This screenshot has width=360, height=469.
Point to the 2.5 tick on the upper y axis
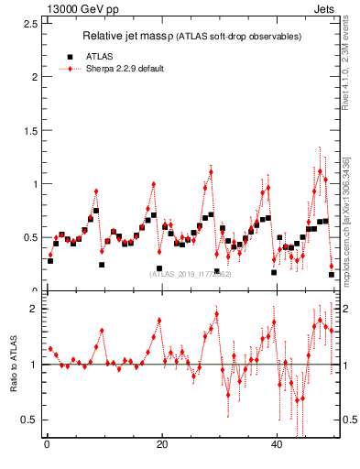31,23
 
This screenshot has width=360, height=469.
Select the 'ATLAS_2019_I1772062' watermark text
191,273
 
